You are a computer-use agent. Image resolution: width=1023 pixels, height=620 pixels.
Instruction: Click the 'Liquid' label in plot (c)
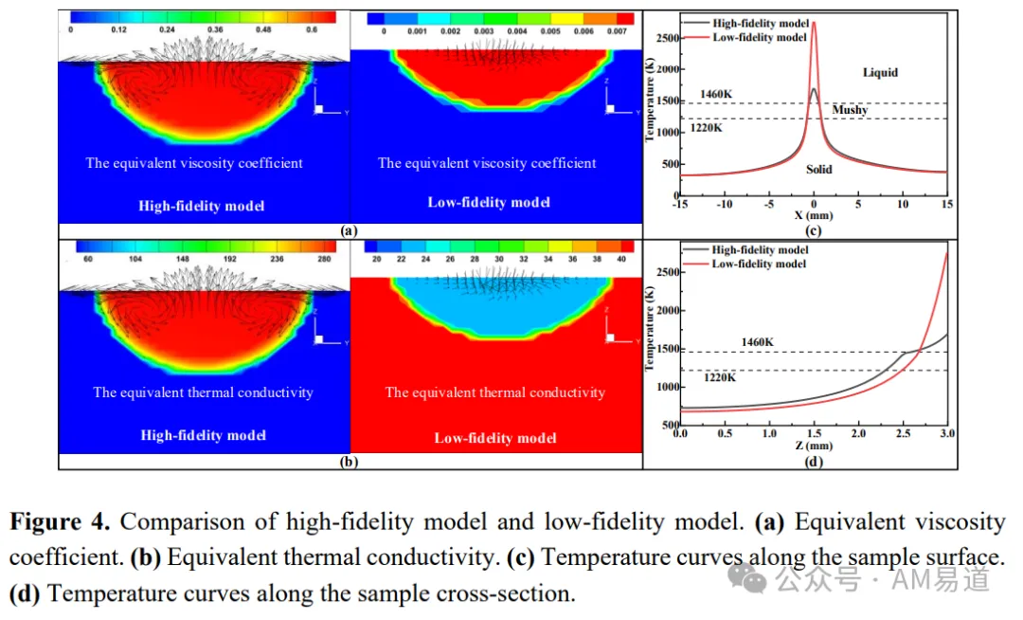point(880,72)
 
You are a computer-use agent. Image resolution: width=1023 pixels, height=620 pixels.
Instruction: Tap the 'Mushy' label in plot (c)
point(850,110)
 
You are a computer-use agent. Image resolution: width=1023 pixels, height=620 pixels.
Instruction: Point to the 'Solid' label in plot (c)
point(818,169)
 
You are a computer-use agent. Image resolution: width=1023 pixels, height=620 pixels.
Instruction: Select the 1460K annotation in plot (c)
point(716,94)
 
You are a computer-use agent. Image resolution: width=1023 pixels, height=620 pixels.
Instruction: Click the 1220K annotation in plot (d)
point(720,377)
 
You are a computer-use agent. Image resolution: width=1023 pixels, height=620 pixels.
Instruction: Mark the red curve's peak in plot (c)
point(814,23)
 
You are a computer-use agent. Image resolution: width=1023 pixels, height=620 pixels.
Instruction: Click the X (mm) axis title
point(814,215)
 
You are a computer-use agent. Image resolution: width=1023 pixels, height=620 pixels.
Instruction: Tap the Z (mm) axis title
point(814,446)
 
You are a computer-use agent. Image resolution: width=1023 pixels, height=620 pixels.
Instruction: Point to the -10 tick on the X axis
point(725,204)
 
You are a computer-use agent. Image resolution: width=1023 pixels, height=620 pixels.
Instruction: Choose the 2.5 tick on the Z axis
point(903,433)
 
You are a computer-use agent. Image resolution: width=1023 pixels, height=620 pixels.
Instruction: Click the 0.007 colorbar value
point(617,30)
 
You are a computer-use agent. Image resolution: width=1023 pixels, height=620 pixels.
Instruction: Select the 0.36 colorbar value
point(215,29)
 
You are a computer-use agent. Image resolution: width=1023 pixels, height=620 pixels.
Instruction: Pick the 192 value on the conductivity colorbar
point(229,259)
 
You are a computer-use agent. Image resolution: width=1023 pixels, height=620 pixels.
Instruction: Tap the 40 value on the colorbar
point(621,259)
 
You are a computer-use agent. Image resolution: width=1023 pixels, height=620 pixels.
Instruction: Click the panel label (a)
point(349,230)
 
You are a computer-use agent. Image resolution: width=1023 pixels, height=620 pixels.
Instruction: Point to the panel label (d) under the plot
point(814,462)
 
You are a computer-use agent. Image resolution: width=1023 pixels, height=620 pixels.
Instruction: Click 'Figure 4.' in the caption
point(60,522)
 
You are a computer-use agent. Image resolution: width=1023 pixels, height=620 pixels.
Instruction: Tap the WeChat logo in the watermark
point(747,578)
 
